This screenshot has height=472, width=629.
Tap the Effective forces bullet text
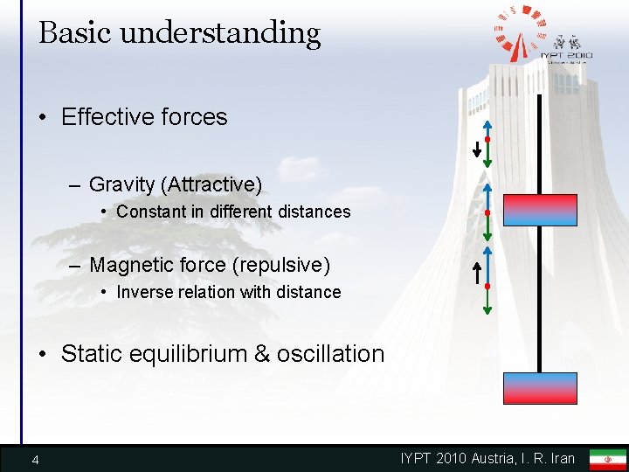pos(144,117)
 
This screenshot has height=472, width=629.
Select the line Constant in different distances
pos(233,212)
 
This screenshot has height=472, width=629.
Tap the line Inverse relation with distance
pos(229,292)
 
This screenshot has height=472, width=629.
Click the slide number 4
pos(34,460)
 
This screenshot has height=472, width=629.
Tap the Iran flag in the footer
pos(607,459)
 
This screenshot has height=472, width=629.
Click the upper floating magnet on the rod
pos(540,211)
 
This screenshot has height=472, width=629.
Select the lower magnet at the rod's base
pos(540,388)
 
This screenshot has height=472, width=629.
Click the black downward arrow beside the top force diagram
pos(476,149)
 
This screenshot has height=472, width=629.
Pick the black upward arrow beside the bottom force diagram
pos(476,274)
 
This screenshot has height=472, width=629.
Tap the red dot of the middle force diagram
pos(487,212)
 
